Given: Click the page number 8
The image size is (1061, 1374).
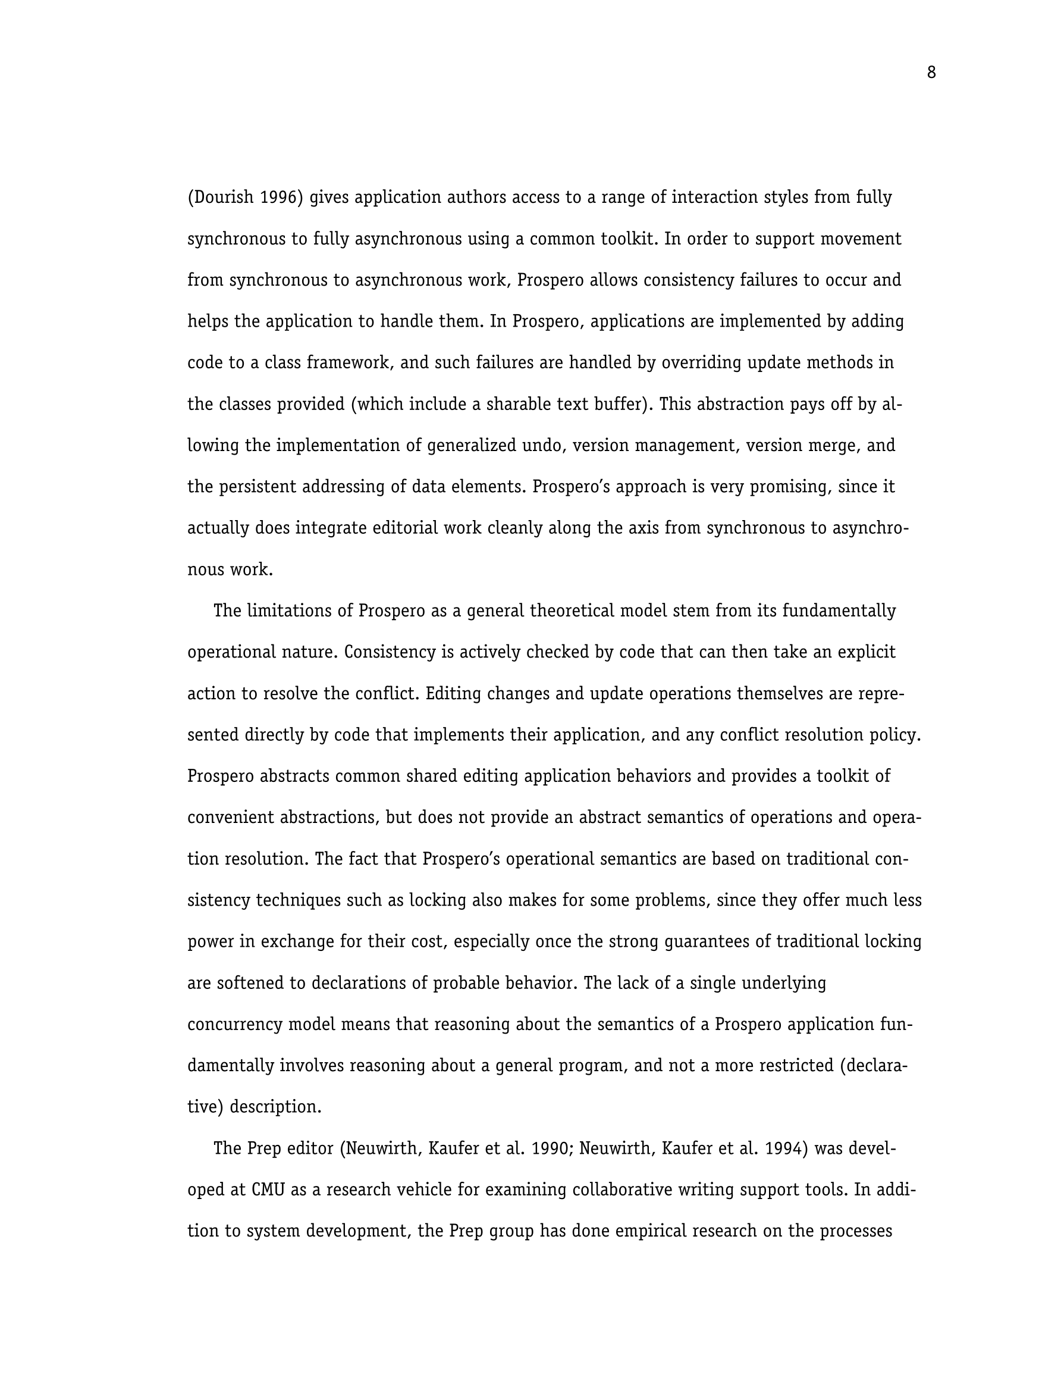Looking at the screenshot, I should pos(931,73).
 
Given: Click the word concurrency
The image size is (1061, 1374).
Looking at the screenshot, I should pos(234,1025).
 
